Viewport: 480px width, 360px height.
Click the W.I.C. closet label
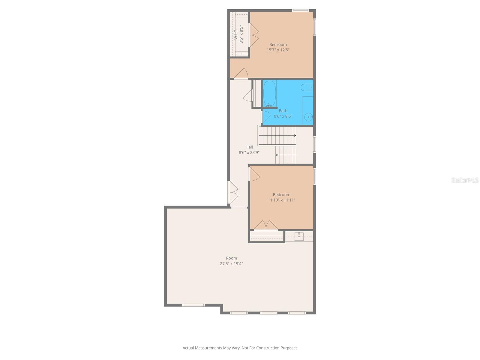point(236,34)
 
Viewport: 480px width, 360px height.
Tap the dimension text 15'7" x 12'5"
point(278,50)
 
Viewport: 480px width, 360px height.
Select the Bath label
point(283,111)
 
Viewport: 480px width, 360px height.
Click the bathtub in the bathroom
point(269,93)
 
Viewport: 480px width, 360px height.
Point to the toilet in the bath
point(307,88)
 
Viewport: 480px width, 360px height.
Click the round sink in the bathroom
point(308,117)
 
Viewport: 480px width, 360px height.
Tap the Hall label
point(249,147)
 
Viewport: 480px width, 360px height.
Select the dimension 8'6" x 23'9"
point(249,152)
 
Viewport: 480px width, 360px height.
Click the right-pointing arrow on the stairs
point(295,136)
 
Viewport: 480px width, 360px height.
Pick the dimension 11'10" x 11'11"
point(281,200)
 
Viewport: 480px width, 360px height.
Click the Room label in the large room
point(231,258)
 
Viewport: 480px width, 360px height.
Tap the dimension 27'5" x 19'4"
point(231,264)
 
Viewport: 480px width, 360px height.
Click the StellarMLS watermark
point(465,180)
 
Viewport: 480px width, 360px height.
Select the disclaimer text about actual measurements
point(240,348)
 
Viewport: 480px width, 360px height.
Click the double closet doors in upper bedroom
point(254,35)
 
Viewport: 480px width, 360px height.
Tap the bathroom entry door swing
point(266,116)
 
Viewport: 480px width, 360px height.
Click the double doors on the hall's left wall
point(234,192)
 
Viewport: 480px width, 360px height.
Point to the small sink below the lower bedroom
point(299,236)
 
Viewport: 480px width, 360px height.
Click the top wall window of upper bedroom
point(300,11)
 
